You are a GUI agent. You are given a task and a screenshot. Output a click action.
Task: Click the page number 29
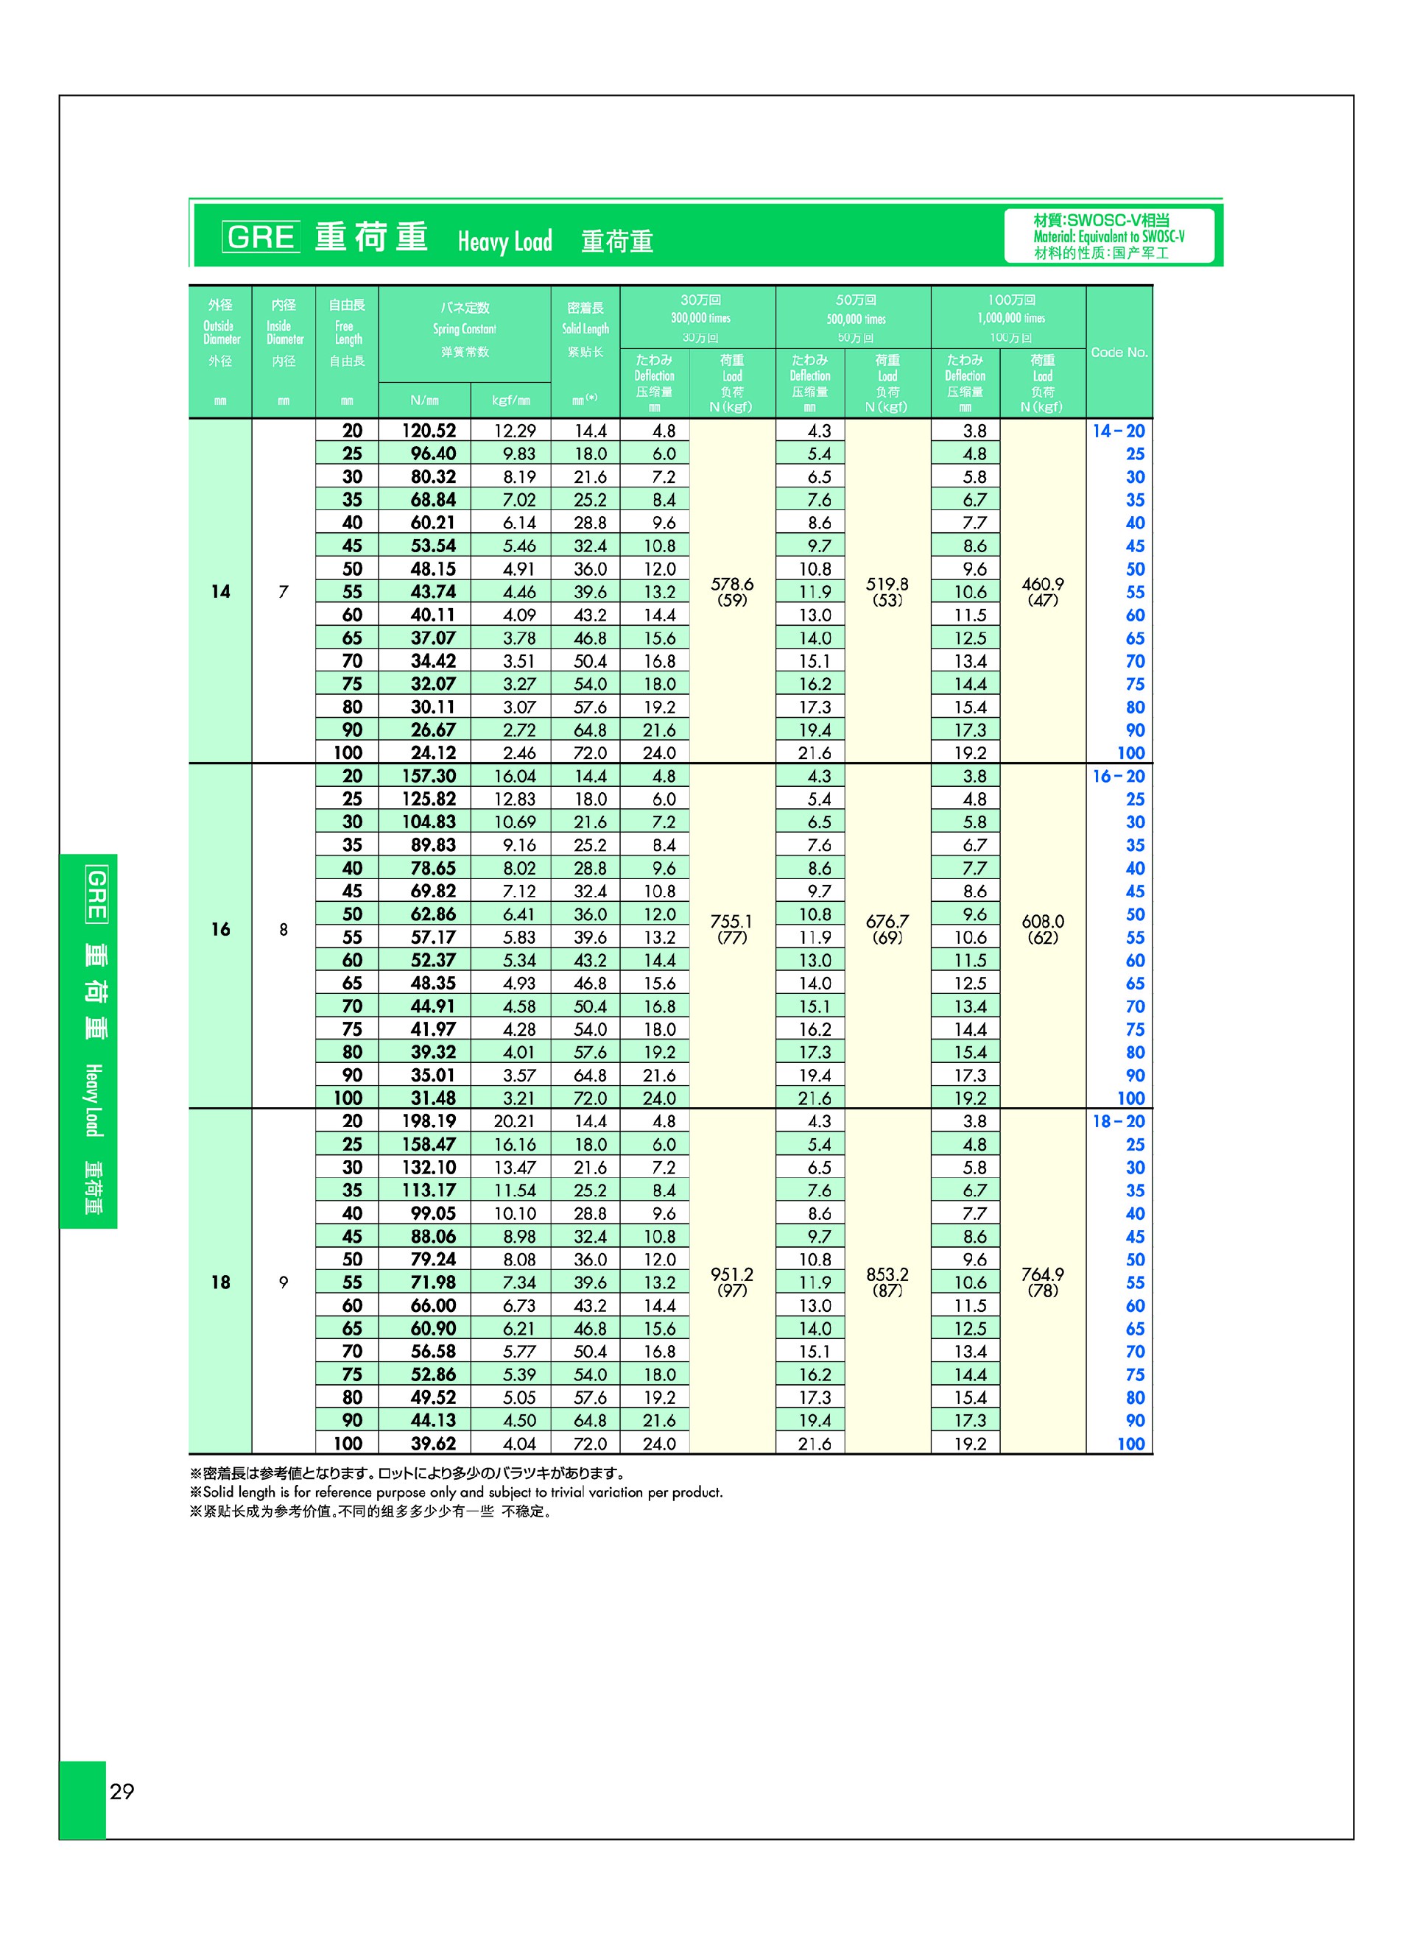(x=122, y=1791)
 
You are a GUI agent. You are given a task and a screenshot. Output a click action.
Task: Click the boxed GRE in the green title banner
(x=260, y=237)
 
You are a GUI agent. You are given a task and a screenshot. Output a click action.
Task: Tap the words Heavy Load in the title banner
(x=504, y=241)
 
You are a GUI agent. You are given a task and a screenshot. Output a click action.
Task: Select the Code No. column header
(x=1119, y=353)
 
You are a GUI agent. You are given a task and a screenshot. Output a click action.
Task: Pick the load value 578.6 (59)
(x=732, y=591)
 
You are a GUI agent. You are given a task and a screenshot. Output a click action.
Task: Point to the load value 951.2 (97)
(x=732, y=1282)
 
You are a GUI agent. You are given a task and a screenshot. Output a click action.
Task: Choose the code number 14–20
(x=1118, y=431)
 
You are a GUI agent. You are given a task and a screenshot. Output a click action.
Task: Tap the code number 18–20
(x=1118, y=1121)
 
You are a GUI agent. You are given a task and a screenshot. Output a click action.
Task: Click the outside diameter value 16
(x=220, y=928)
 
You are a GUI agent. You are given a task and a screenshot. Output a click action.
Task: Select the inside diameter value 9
(x=284, y=1282)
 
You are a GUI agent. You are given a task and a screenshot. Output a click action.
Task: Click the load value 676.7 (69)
(x=887, y=928)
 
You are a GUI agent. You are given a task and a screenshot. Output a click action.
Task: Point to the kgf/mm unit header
(x=511, y=400)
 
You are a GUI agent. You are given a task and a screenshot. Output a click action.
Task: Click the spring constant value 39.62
(x=433, y=1444)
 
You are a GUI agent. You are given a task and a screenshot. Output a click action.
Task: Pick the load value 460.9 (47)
(x=1043, y=591)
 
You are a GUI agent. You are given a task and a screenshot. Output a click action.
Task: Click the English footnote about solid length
(x=456, y=1492)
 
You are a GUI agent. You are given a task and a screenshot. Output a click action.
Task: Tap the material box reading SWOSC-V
(x=1108, y=236)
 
